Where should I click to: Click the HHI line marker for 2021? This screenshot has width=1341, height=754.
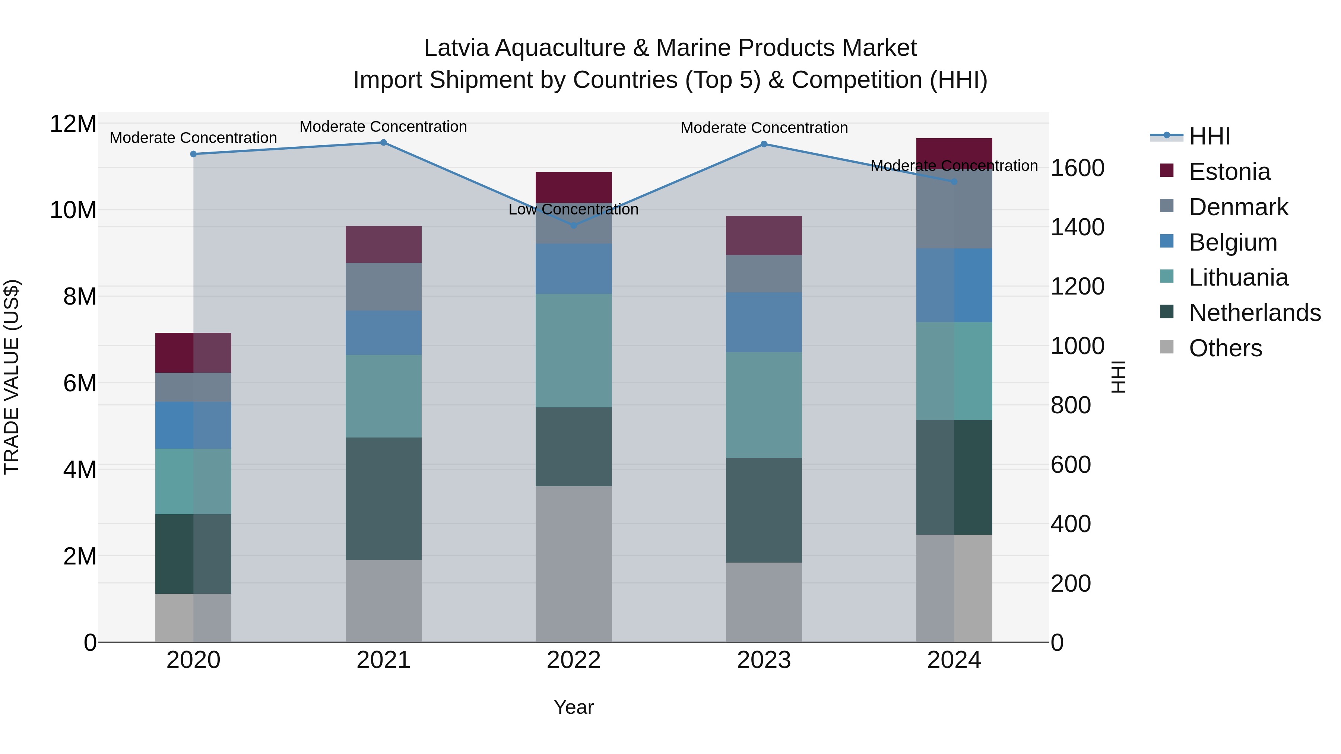(383, 143)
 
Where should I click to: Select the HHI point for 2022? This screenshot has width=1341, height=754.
(574, 225)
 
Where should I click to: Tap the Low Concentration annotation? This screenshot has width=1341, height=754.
(573, 210)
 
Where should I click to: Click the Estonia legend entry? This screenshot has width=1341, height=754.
(1229, 172)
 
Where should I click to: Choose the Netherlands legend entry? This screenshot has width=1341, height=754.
(1255, 313)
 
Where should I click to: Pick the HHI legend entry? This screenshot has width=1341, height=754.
(1209, 136)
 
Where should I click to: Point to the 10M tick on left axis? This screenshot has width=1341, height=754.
(73, 210)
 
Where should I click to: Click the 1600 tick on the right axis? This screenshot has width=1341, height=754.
(1077, 168)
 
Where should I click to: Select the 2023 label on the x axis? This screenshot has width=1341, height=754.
(764, 660)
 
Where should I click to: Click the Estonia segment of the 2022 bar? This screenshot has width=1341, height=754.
(574, 187)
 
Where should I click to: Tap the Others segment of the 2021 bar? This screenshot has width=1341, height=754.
(383, 601)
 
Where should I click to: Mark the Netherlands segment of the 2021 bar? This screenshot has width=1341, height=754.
(383, 499)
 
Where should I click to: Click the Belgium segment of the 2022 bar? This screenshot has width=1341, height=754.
(574, 268)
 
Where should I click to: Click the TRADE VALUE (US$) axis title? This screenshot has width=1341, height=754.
(12, 377)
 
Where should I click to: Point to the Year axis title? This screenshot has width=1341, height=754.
(573, 707)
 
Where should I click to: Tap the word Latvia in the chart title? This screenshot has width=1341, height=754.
(456, 48)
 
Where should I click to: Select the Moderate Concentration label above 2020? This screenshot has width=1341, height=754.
(193, 138)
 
